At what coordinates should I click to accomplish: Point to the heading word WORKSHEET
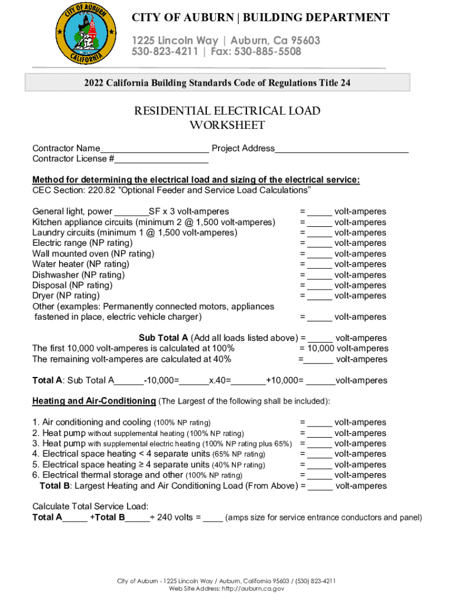pyautogui.click(x=227, y=125)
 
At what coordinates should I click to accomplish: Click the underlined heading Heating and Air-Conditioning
pyautogui.click(x=94, y=401)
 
